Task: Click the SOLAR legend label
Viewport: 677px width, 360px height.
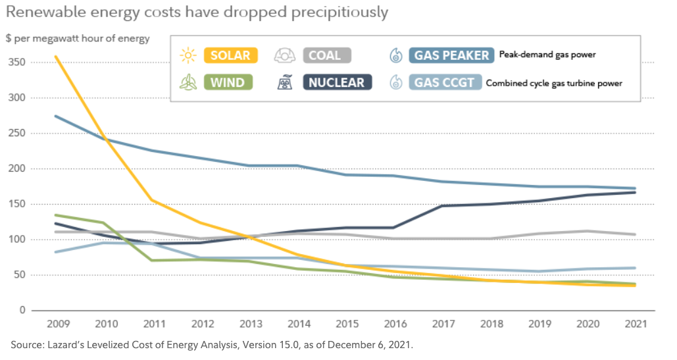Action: point(230,55)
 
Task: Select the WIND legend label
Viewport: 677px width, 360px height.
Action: point(228,83)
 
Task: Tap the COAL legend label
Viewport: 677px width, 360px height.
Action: point(327,55)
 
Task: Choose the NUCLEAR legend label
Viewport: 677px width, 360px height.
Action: point(338,83)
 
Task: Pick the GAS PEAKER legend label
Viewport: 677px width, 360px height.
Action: point(451,55)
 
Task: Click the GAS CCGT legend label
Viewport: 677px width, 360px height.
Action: point(444,83)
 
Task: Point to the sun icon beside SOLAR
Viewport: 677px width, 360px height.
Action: point(188,55)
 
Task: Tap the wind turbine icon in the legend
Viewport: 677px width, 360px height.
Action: point(188,83)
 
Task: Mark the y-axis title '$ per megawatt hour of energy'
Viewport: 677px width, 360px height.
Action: point(78,38)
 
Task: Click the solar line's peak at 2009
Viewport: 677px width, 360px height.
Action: point(56,57)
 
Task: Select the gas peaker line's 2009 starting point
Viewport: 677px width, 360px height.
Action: point(56,116)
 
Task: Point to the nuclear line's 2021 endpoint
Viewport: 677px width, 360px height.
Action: point(634,192)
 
